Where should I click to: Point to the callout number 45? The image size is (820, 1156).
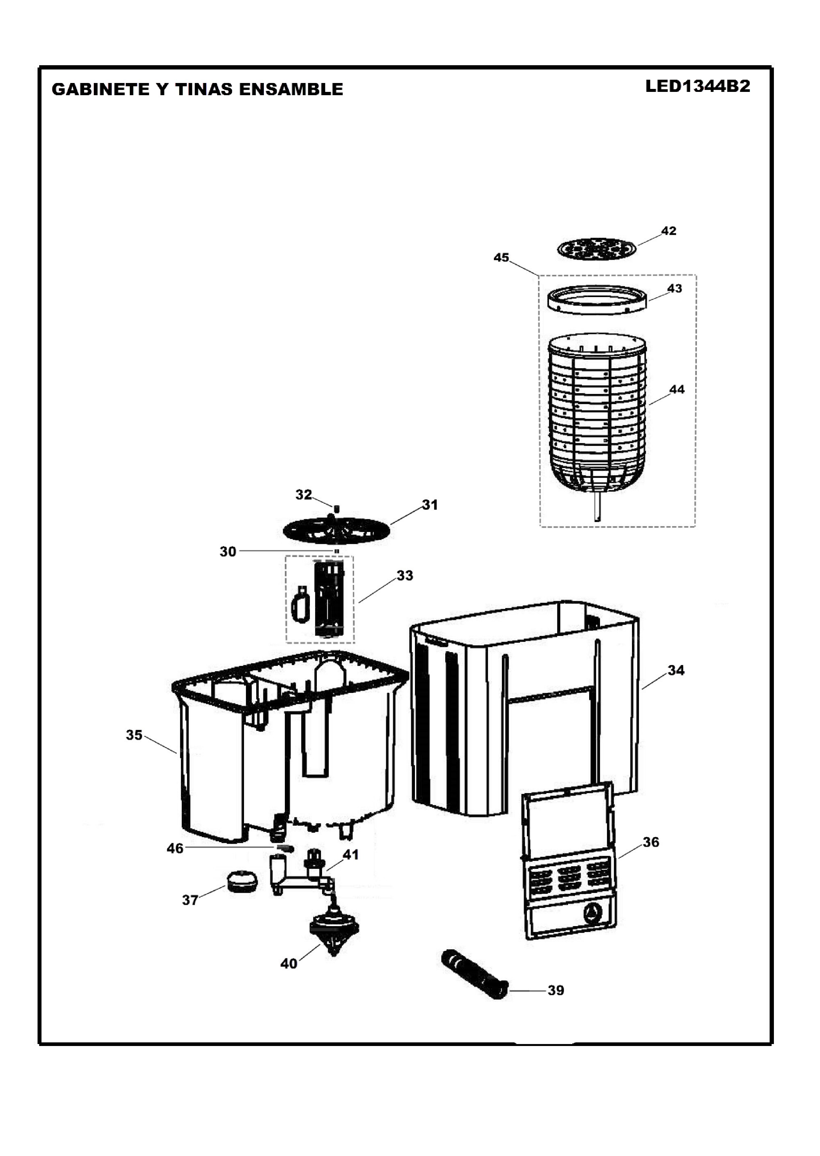click(502, 258)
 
